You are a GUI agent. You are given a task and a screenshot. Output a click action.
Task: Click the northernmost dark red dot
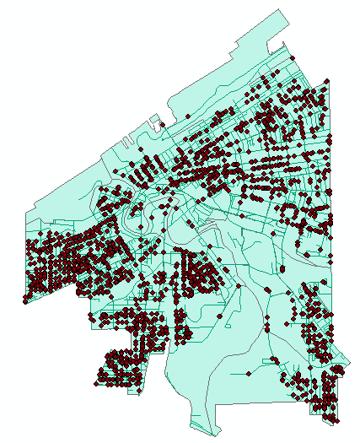293,58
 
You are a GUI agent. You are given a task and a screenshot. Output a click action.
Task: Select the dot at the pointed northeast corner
326,81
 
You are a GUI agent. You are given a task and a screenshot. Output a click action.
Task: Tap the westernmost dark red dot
25,300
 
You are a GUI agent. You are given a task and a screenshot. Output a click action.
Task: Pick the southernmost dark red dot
339,419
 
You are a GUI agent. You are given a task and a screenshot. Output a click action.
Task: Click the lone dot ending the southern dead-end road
249,372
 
